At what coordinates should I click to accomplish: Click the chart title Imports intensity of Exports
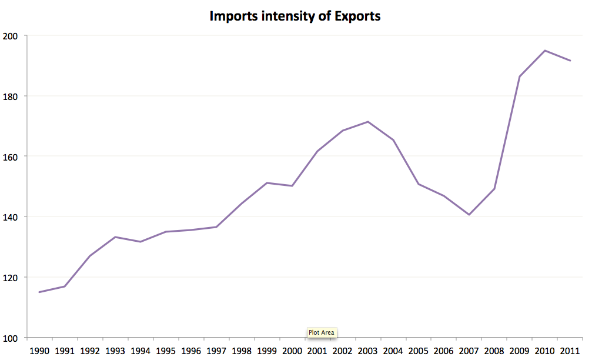[x=295, y=16]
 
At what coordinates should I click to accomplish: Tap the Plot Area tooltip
[x=321, y=332]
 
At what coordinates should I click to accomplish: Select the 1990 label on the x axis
[x=39, y=351]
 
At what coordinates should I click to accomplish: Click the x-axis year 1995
[x=166, y=351]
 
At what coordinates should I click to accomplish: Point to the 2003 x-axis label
[x=367, y=351]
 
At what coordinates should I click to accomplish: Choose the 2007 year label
[x=469, y=351]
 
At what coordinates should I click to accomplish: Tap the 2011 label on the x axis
[x=570, y=351]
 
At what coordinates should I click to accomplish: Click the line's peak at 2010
[x=545, y=51]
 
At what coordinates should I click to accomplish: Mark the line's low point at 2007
[x=469, y=215]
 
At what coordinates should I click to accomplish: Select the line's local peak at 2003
[x=368, y=122]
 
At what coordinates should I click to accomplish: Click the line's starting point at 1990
[x=39, y=292]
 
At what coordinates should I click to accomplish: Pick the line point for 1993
[x=115, y=237]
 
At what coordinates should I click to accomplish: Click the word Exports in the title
[x=357, y=16]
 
